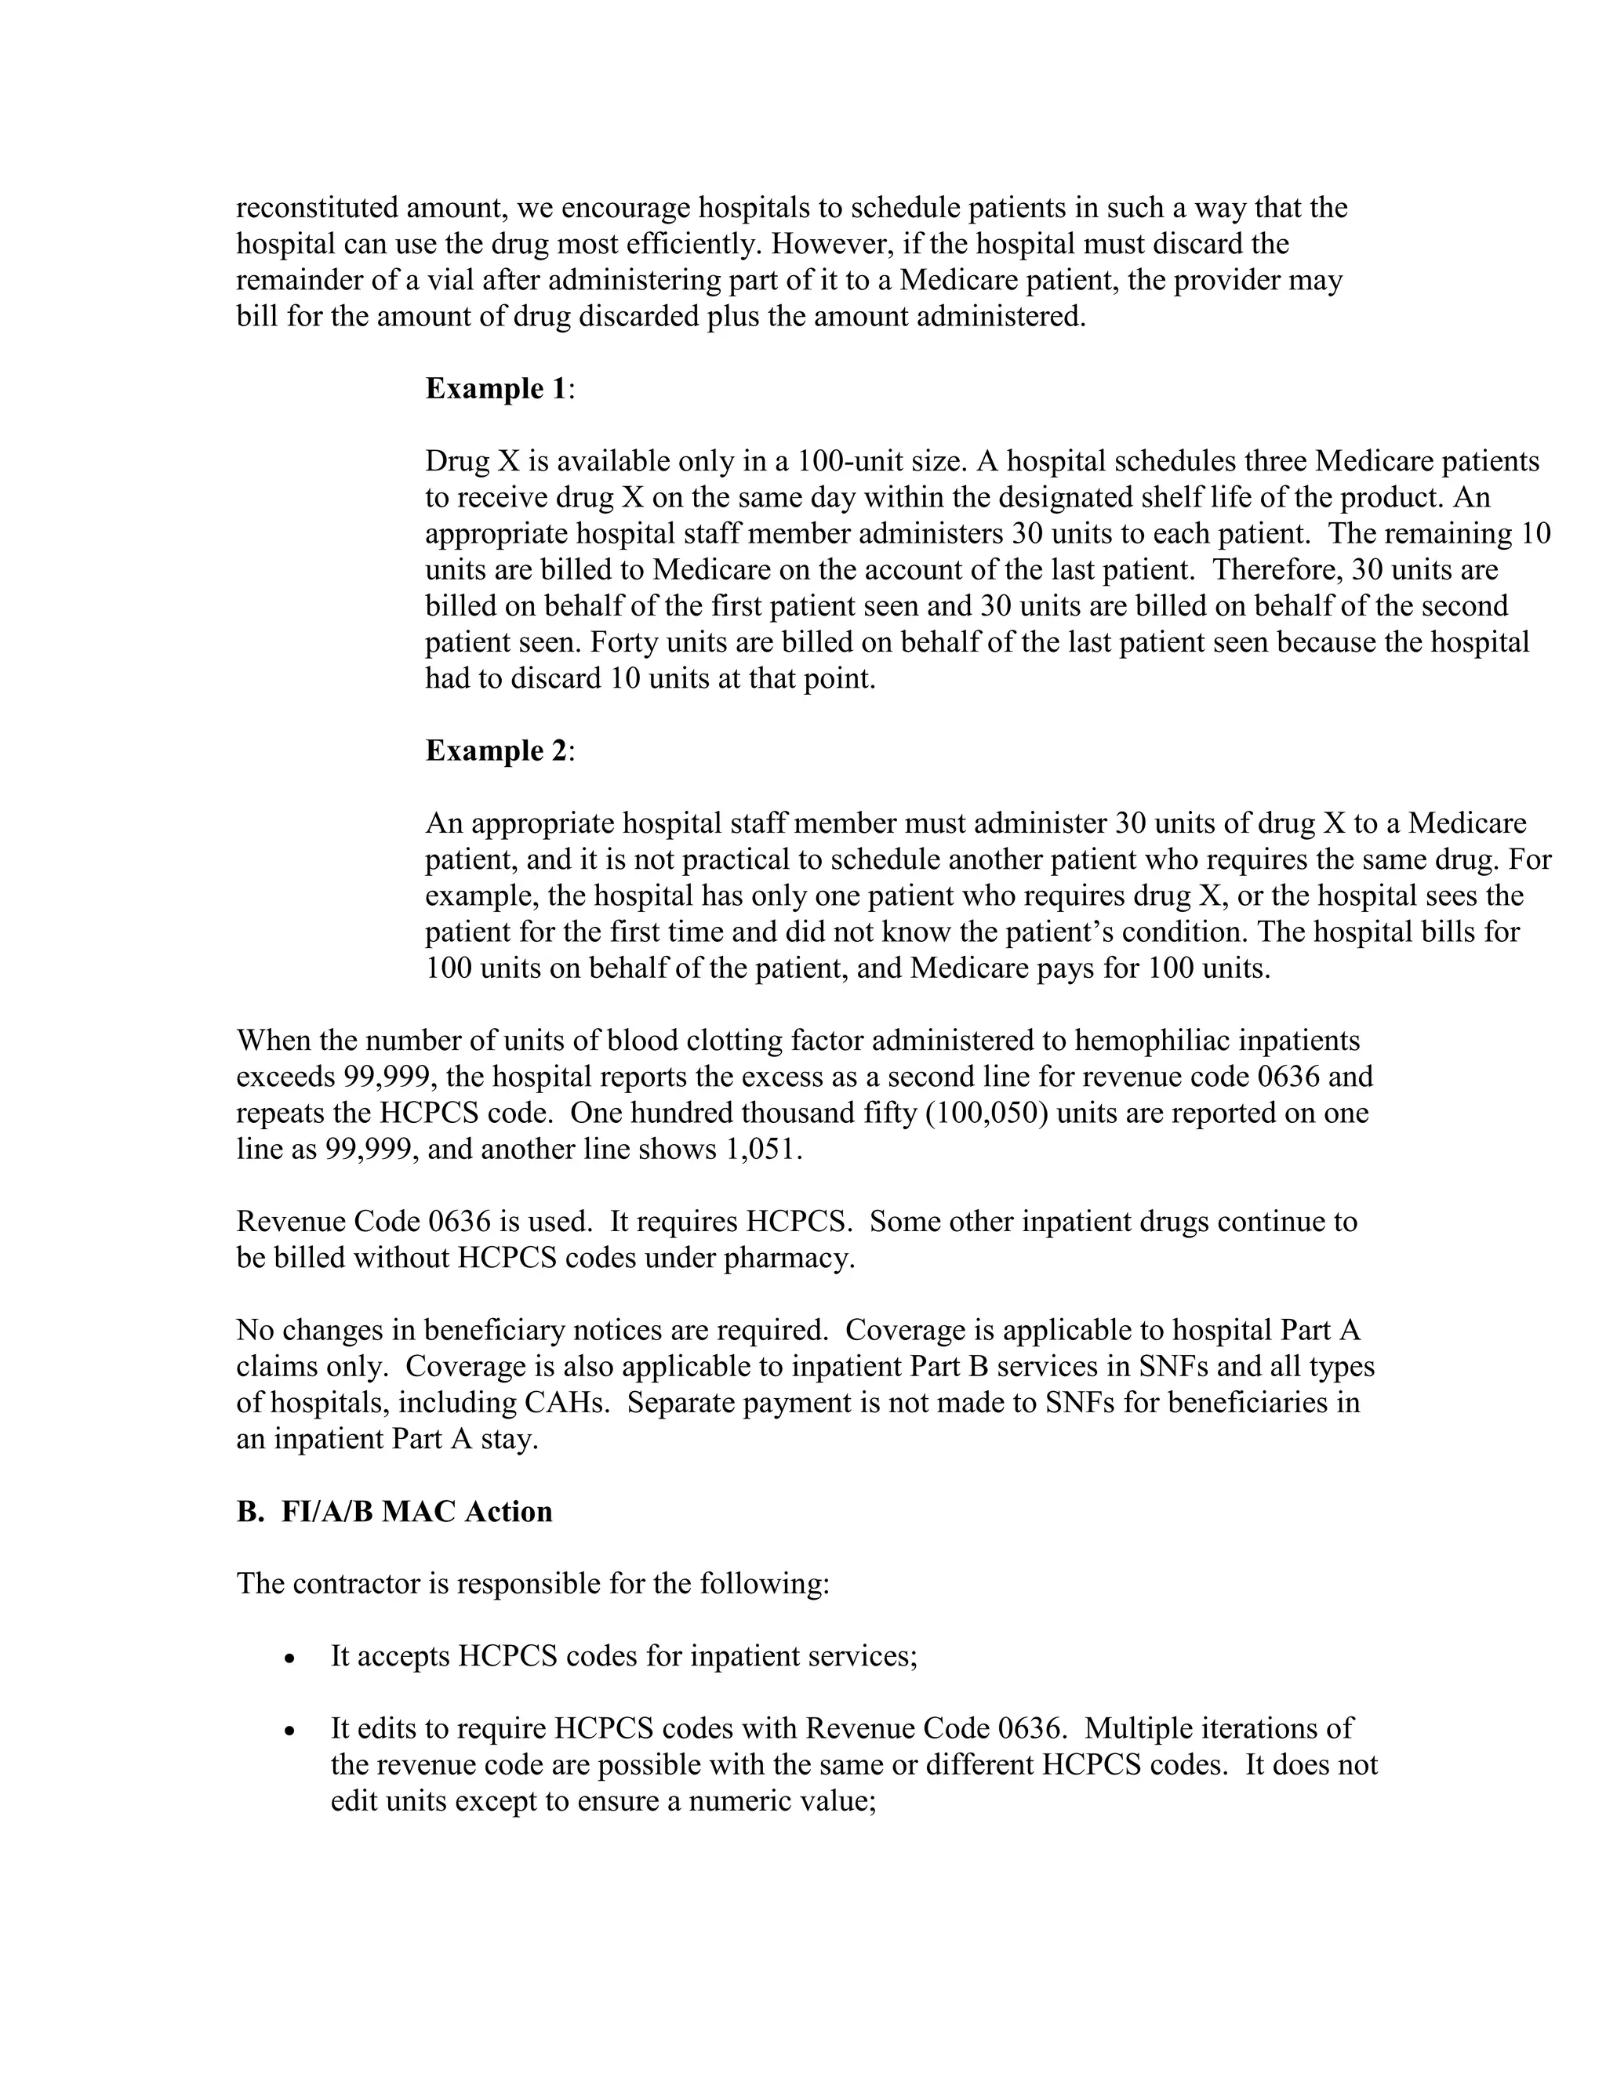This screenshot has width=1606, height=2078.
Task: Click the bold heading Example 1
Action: click(496, 389)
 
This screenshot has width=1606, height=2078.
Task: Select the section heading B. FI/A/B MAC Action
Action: click(394, 1512)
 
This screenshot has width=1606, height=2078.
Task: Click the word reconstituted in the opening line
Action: click(317, 208)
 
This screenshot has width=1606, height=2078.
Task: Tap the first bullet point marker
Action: click(289, 1659)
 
